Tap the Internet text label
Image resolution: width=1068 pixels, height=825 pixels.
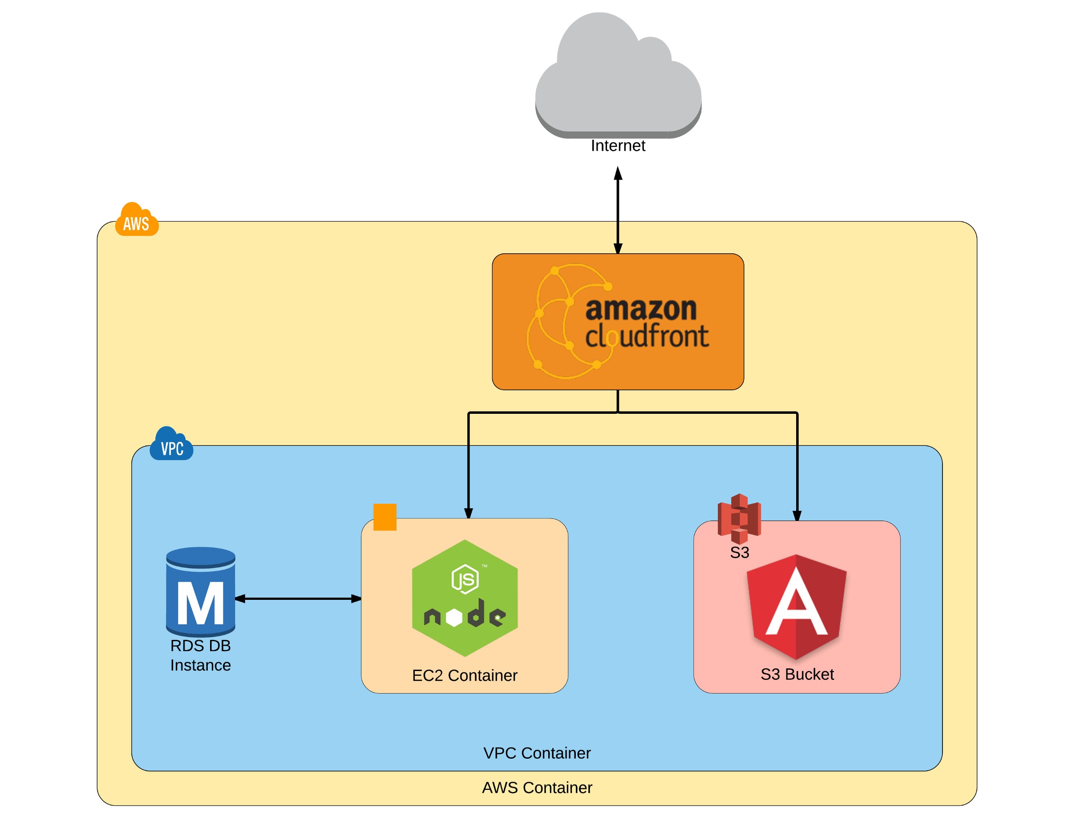pyautogui.click(x=618, y=146)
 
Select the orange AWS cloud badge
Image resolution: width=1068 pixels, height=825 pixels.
pyautogui.click(x=137, y=221)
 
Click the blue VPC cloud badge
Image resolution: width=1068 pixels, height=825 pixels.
pyautogui.click(x=171, y=445)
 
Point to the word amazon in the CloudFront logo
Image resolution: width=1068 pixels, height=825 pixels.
pyautogui.click(x=641, y=309)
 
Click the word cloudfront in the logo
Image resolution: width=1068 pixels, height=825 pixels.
pyautogui.click(x=647, y=336)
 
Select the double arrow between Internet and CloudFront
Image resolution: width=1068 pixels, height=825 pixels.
pyautogui.click(x=618, y=210)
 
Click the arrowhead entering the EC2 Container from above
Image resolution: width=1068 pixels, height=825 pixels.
pyautogui.click(x=469, y=513)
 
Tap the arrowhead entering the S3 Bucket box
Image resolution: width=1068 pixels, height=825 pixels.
pyautogui.click(x=797, y=515)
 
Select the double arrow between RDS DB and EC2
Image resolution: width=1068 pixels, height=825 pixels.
pyautogui.click(x=298, y=599)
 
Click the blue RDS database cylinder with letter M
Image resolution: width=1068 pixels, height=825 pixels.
pyautogui.click(x=201, y=592)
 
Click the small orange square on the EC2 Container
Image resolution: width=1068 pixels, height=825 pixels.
pyautogui.click(x=385, y=517)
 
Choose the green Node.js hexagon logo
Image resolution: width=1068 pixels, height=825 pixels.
pyautogui.click(x=465, y=598)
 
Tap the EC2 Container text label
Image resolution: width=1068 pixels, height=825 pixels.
pyautogui.click(x=465, y=675)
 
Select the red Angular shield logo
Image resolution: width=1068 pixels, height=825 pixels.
pyautogui.click(x=796, y=607)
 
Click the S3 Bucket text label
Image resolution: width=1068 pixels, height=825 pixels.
pyautogui.click(x=797, y=675)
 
